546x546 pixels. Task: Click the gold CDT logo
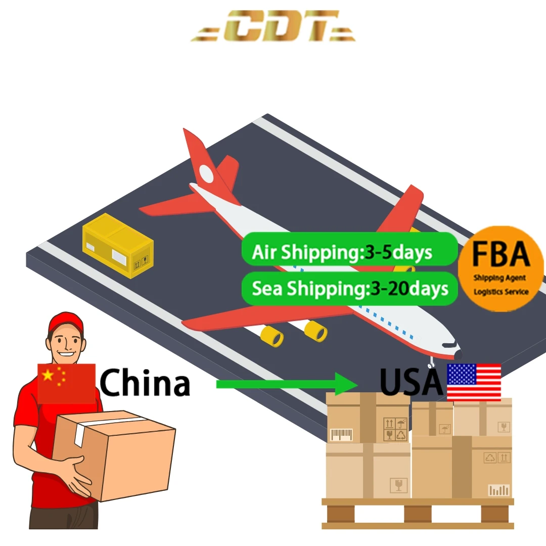point(273,26)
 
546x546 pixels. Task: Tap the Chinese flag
point(66,383)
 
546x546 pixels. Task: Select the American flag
point(474,382)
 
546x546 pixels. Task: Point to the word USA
point(411,383)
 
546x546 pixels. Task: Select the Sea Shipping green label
point(349,289)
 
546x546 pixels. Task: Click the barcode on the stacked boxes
point(341,434)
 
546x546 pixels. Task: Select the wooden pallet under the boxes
point(418,513)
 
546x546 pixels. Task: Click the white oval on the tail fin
point(206,174)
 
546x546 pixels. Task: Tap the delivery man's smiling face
point(66,347)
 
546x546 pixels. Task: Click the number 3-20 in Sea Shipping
point(390,289)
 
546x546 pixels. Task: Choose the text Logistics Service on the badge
point(501,292)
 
